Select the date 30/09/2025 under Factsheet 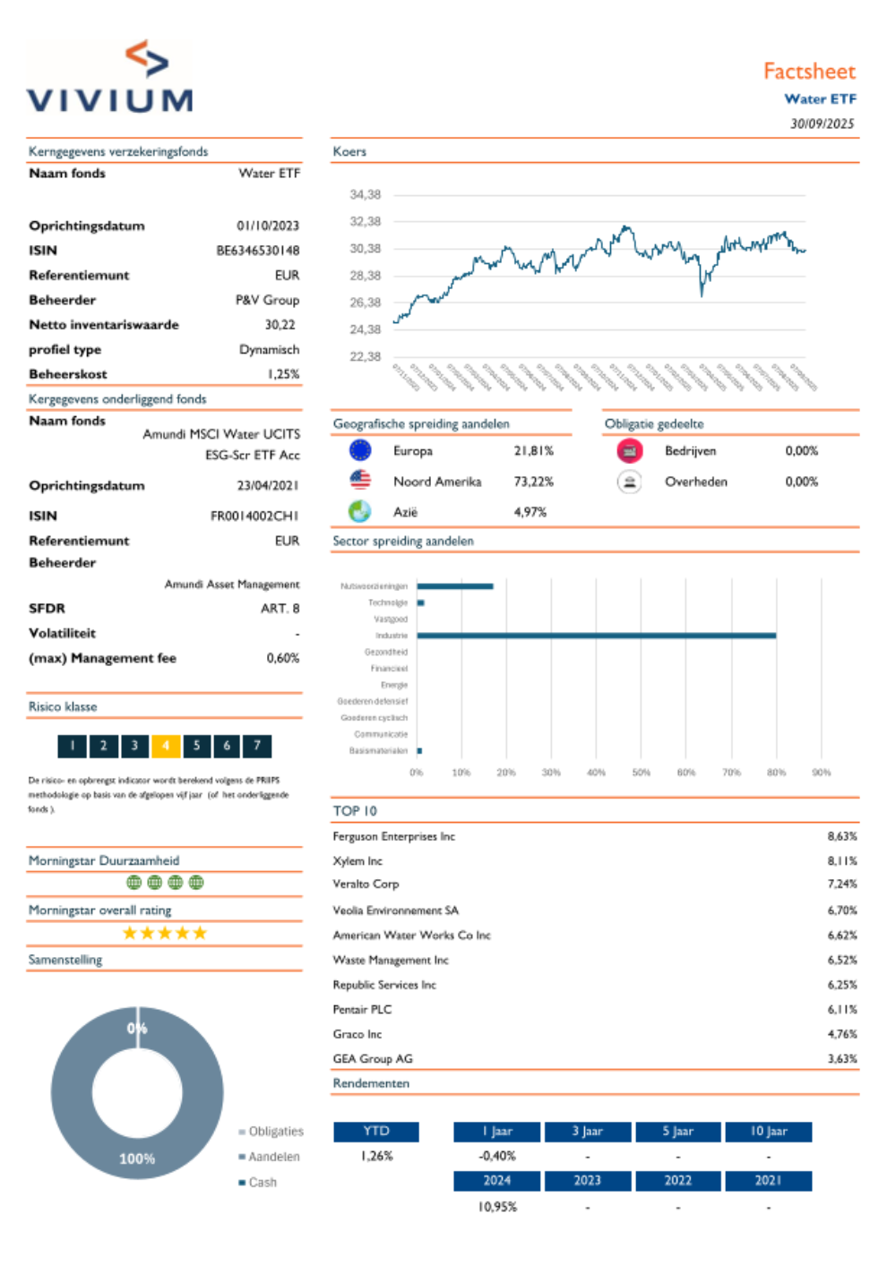(822, 124)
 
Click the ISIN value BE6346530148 (257, 251)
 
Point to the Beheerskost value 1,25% (283, 374)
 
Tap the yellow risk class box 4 (166, 745)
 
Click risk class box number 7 (257, 745)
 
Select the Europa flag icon (360, 450)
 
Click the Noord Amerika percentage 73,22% (533, 482)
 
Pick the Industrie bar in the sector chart (596, 636)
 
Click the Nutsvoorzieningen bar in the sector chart (455, 586)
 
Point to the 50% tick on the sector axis (642, 773)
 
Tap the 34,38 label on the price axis (365, 194)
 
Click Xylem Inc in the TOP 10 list (358, 861)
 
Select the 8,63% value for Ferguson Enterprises (841, 836)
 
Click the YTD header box (376, 1132)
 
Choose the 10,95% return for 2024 (497, 1207)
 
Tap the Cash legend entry (263, 1183)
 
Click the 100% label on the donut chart (137, 1158)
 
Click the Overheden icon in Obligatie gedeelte (630, 482)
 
